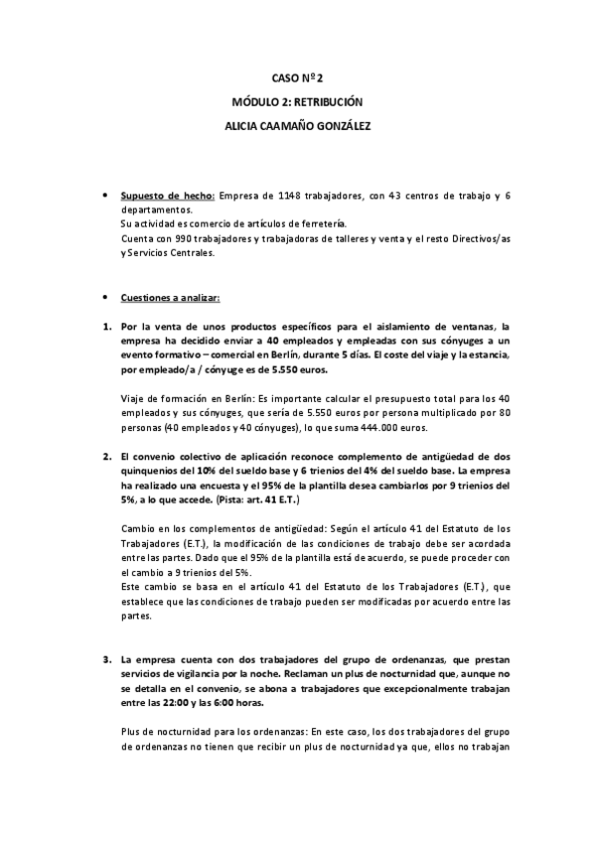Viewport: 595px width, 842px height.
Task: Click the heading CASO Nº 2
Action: [x=297, y=76]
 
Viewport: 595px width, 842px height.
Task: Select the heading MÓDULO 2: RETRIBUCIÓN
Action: [x=297, y=102]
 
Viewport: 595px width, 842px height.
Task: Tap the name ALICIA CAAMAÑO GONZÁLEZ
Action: [x=297, y=127]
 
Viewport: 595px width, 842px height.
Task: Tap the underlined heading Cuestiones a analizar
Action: [x=170, y=297]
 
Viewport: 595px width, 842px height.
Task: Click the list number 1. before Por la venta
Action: [x=107, y=326]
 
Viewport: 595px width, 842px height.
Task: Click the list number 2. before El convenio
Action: [x=107, y=457]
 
